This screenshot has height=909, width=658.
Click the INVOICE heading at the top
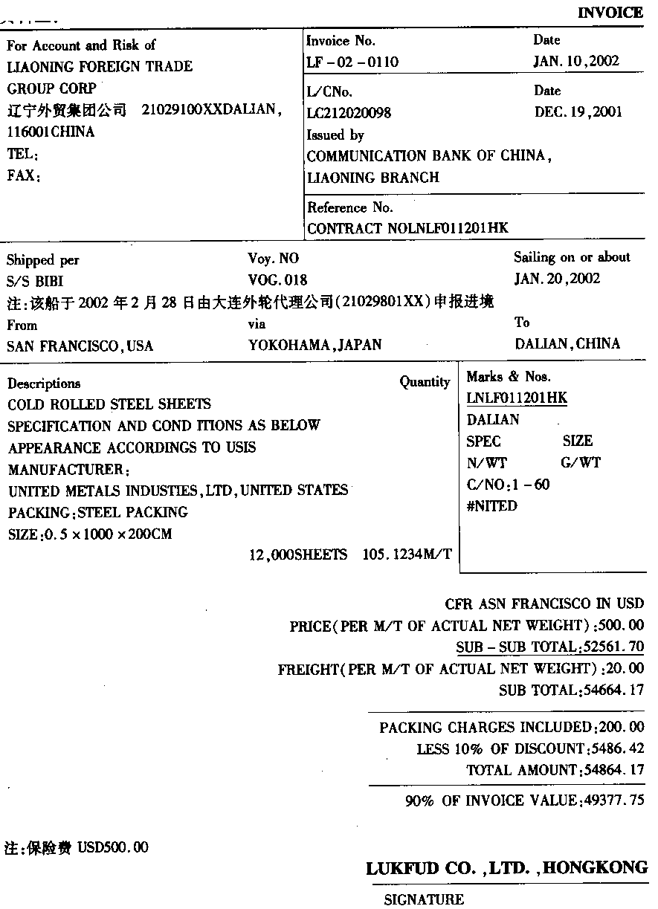[610, 13]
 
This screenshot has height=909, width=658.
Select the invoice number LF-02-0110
[352, 62]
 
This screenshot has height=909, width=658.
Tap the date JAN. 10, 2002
[576, 61]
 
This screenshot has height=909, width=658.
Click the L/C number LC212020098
[349, 113]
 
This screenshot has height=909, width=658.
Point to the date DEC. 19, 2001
[578, 112]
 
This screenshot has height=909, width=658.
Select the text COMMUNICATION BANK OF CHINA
[428, 157]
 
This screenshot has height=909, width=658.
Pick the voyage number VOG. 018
[277, 280]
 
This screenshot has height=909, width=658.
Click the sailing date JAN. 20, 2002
[557, 279]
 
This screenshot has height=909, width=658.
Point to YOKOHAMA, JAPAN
[315, 345]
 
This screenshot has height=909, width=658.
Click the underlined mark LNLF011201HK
[517, 398]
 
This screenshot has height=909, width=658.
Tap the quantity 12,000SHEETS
[298, 555]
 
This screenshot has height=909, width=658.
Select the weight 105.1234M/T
[407, 555]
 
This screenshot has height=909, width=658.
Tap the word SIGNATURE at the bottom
[424, 900]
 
